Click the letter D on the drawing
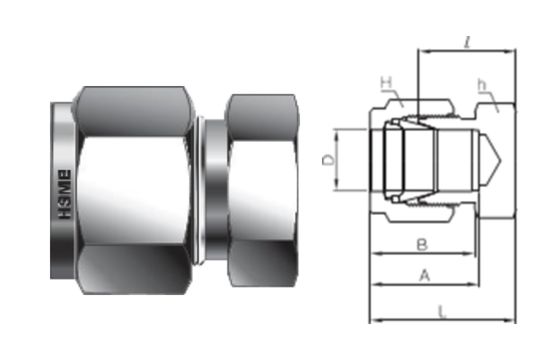325,160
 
